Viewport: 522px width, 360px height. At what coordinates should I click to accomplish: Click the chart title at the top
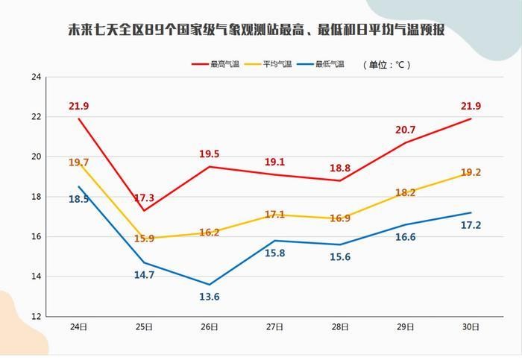point(257,31)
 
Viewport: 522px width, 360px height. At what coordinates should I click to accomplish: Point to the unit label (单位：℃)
point(387,64)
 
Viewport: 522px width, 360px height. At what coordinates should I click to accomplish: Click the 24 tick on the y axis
point(36,77)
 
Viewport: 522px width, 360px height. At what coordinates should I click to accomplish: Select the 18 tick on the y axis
point(36,197)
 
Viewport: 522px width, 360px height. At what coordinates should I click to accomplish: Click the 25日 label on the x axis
point(144,327)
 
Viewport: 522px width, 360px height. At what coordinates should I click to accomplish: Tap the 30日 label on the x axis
point(470,327)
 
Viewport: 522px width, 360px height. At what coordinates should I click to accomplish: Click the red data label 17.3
point(144,198)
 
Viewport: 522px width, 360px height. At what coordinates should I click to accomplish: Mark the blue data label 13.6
point(210,297)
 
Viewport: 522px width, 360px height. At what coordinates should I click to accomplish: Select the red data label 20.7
point(405,130)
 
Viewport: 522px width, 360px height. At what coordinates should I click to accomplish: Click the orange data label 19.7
point(78,162)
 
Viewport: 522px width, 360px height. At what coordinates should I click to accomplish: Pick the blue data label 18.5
point(79,199)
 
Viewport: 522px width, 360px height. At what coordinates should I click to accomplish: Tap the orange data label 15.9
point(144,239)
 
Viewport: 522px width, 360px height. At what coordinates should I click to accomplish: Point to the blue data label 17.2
point(471,224)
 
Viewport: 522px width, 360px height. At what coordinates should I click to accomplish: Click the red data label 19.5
point(210,154)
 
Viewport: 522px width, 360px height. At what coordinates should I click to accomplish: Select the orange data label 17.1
point(274,215)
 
